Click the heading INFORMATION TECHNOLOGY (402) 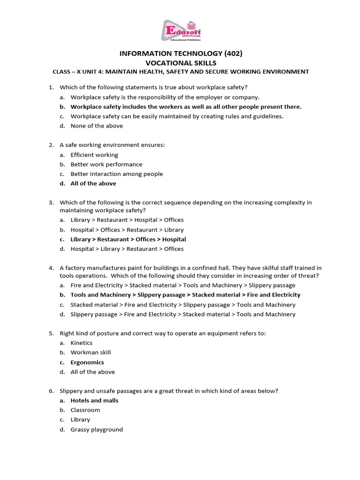(180, 53)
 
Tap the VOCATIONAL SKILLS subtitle (180, 63)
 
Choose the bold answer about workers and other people (186, 106)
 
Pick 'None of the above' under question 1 (97, 126)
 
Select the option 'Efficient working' (94, 155)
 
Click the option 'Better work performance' (106, 165)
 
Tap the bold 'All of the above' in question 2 (93, 184)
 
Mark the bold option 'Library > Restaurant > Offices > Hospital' (128, 240)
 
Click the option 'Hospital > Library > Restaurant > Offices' (127, 249)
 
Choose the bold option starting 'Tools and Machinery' (185, 295)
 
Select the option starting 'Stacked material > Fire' (183, 305)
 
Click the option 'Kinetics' (82, 343)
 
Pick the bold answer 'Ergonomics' (87, 362)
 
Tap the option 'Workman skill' (90, 352)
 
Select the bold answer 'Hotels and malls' (94, 401)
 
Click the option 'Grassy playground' (97, 429)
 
